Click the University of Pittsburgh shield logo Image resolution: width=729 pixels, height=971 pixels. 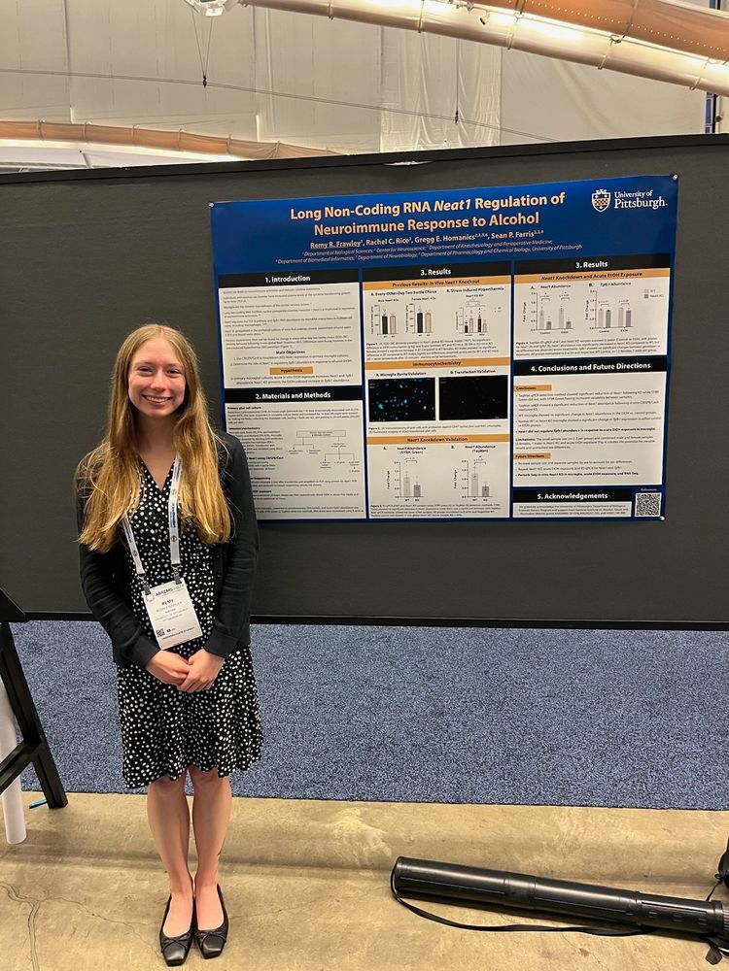[601, 200]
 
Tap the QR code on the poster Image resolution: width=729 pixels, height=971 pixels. [647, 504]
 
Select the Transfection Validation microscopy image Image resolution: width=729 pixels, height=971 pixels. [473, 397]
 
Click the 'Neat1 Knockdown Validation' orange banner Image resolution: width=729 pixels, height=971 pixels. [436, 439]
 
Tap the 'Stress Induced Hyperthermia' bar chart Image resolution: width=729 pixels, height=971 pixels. [473, 318]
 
